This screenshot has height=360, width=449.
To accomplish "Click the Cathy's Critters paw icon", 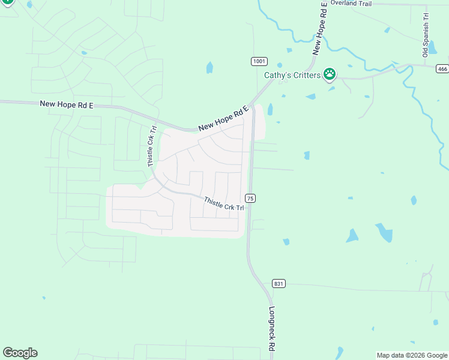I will coord(330,74).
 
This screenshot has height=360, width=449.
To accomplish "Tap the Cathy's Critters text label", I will coord(292,76).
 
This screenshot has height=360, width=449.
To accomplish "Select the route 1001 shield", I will coord(259,61).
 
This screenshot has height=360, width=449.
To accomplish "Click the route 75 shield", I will coord(250,198).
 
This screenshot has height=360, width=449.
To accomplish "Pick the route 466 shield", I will coord(442,68).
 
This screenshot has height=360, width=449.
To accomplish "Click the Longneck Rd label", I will coord(271,329).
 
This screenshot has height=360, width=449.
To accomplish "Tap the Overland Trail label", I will coord(351,4).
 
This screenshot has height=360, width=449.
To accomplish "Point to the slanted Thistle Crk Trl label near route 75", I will coord(224,203).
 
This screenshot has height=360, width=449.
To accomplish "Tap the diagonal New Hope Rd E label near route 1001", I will coord(223,118).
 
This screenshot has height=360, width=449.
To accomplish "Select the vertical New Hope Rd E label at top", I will coord(320,28).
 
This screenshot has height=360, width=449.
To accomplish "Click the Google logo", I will coord(20,353).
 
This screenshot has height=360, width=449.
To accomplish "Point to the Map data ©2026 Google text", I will coord(412,355).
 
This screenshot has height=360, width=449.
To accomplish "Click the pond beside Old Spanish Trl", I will coord(431,46).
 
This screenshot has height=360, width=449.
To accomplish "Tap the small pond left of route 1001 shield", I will coord(209,68).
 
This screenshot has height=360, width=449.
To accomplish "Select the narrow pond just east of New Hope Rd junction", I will coord(270,109).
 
